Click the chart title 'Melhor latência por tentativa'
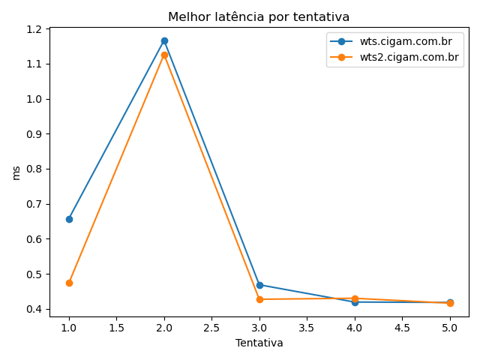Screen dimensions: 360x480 pyautogui.click(x=259, y=16)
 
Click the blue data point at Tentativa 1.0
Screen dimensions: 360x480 pyautogui.click(x=69, y=219)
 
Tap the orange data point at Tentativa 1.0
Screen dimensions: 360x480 pyautogui.click(x=69, y=283)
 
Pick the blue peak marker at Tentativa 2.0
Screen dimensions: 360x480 pyautogui.click(x=164, y=40)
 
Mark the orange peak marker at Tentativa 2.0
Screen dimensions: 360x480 pyautogui.click(x=164, y=55)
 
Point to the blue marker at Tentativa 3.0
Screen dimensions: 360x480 pyautogui.click(x=259, y=285)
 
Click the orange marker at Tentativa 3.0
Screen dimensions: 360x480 pyautogui.click(x=259, y=299)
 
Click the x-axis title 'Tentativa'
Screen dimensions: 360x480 pyautogui.click(x=259, y=343)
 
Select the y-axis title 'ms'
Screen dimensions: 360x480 pyautogui.click(x=16, y=172)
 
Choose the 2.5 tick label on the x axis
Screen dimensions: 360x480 pyautogui.click(x=211, y=328)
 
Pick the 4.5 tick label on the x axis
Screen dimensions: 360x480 pyautogui.click(x=402, y=328)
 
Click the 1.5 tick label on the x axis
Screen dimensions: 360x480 pyautogui.click(x=116, y=328)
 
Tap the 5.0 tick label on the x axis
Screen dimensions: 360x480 pyautogui.click(x=450, y=328)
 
